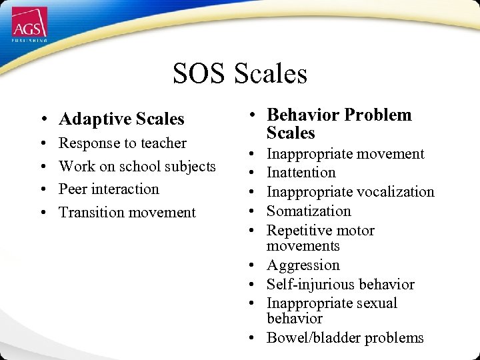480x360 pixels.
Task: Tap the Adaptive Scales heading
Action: (121, 119)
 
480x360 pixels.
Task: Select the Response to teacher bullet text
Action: (123, 143)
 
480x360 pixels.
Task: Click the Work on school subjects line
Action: (137, 166)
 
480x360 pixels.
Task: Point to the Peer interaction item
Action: (109, 189)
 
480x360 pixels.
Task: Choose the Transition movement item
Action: (127, 213)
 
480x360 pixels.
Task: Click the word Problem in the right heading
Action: (379, 115)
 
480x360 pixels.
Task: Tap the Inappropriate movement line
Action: (345, 154)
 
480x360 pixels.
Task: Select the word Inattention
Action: (301, 173)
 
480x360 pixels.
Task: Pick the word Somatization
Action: (309, 211)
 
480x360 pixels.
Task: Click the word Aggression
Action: (303, 265)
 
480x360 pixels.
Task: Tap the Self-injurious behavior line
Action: (341, 285)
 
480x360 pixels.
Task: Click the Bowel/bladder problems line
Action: (345, 338)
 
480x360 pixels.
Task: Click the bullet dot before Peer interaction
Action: (42, 190)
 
